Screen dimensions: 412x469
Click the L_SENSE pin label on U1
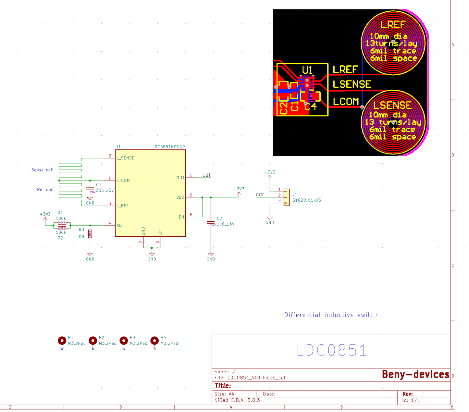125,158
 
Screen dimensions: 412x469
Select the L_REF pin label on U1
122,206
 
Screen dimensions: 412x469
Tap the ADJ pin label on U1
120,225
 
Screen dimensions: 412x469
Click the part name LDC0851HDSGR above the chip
168,147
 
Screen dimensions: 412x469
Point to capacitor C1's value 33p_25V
105,191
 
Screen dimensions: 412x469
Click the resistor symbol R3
90,234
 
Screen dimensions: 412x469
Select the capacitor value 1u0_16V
225,224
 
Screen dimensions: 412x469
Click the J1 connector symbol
287,197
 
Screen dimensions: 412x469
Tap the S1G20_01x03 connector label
307,200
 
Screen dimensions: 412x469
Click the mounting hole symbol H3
124,341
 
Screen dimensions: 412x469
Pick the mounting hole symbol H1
62,341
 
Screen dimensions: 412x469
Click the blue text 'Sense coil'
43,170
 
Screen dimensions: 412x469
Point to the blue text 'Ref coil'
45,190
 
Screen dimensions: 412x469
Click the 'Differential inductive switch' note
331,315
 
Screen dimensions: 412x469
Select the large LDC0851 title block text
332,350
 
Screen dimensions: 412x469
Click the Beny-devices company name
415,374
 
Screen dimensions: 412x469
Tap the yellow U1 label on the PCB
307,70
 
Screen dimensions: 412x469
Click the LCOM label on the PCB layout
346,102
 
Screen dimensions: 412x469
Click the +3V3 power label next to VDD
239,189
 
